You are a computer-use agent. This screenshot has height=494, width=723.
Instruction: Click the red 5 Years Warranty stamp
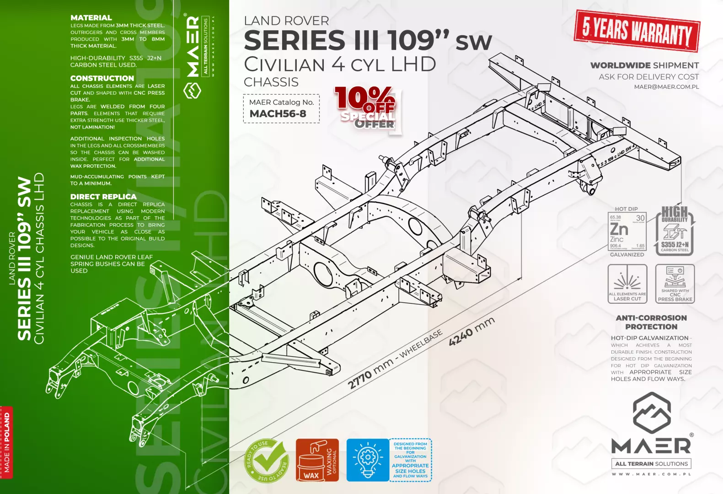pos(637,31)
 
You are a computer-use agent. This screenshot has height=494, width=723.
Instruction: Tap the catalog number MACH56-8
pos(278,114)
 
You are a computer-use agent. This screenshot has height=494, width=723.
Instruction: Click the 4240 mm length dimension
pos(471,331)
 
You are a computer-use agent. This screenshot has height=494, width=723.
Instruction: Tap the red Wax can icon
pos(311,460)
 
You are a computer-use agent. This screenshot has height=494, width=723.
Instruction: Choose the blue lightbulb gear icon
pos(367,460)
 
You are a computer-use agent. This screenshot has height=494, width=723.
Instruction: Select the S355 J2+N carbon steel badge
pos(675,231)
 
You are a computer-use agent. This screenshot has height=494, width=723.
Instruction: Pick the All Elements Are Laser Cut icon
pos(627,284)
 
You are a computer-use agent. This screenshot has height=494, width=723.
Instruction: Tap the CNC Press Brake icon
pos(675,284)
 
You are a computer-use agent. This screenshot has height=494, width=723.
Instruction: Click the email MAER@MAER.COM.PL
pos(666,87)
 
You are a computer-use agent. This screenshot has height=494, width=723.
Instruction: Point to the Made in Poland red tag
pos(6,442)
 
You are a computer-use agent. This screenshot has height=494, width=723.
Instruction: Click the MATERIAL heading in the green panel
pos(91,18)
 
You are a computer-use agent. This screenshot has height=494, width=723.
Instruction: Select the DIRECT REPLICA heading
pos(103,197)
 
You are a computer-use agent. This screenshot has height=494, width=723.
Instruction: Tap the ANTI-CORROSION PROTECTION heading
pos(651,322)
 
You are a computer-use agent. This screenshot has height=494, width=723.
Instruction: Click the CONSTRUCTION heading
pos(102,78)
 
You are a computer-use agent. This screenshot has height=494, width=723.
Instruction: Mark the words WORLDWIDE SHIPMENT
pos(644,65)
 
